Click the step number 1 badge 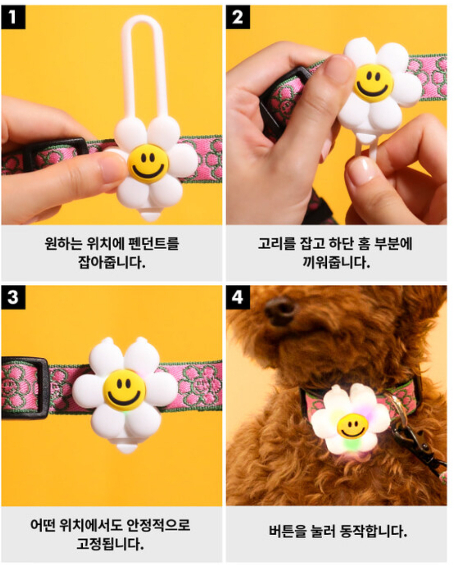[x=13, y=17]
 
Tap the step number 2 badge [x=238, y=17]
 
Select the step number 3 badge [x=13, y=297]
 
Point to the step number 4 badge [x=238, y=297]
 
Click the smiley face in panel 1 [x=148, y=164]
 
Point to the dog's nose [x=281, y=311]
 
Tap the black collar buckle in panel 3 [x=25, y=388]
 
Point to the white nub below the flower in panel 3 [x=127, y=448]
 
